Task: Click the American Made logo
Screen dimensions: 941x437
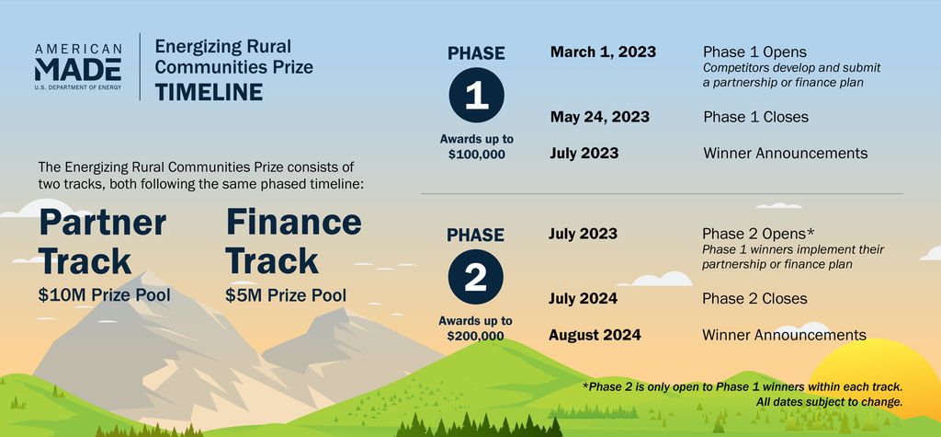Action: (78, 66)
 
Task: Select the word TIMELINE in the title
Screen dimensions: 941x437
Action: (209, 92)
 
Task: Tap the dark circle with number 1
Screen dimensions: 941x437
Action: (477, 95)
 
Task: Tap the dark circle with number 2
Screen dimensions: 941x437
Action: (476, 277)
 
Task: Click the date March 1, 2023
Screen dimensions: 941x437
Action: (603, 52)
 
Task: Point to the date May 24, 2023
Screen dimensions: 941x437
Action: (599, 117)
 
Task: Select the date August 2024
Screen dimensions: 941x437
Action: (595, 335)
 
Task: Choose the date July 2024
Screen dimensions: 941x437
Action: (583, 298)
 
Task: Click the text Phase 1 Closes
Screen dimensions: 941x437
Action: (755, 117)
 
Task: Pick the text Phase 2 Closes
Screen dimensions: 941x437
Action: (754, 298)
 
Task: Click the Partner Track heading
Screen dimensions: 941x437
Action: (103, 242)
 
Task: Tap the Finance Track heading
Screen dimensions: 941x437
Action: (293, 242)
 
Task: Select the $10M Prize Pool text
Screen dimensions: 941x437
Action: (105, 295)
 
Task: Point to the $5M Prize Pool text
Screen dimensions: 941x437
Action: (287, 295)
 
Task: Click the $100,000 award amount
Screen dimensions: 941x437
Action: (477, 154)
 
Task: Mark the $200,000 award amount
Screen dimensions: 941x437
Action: (475, 336)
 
